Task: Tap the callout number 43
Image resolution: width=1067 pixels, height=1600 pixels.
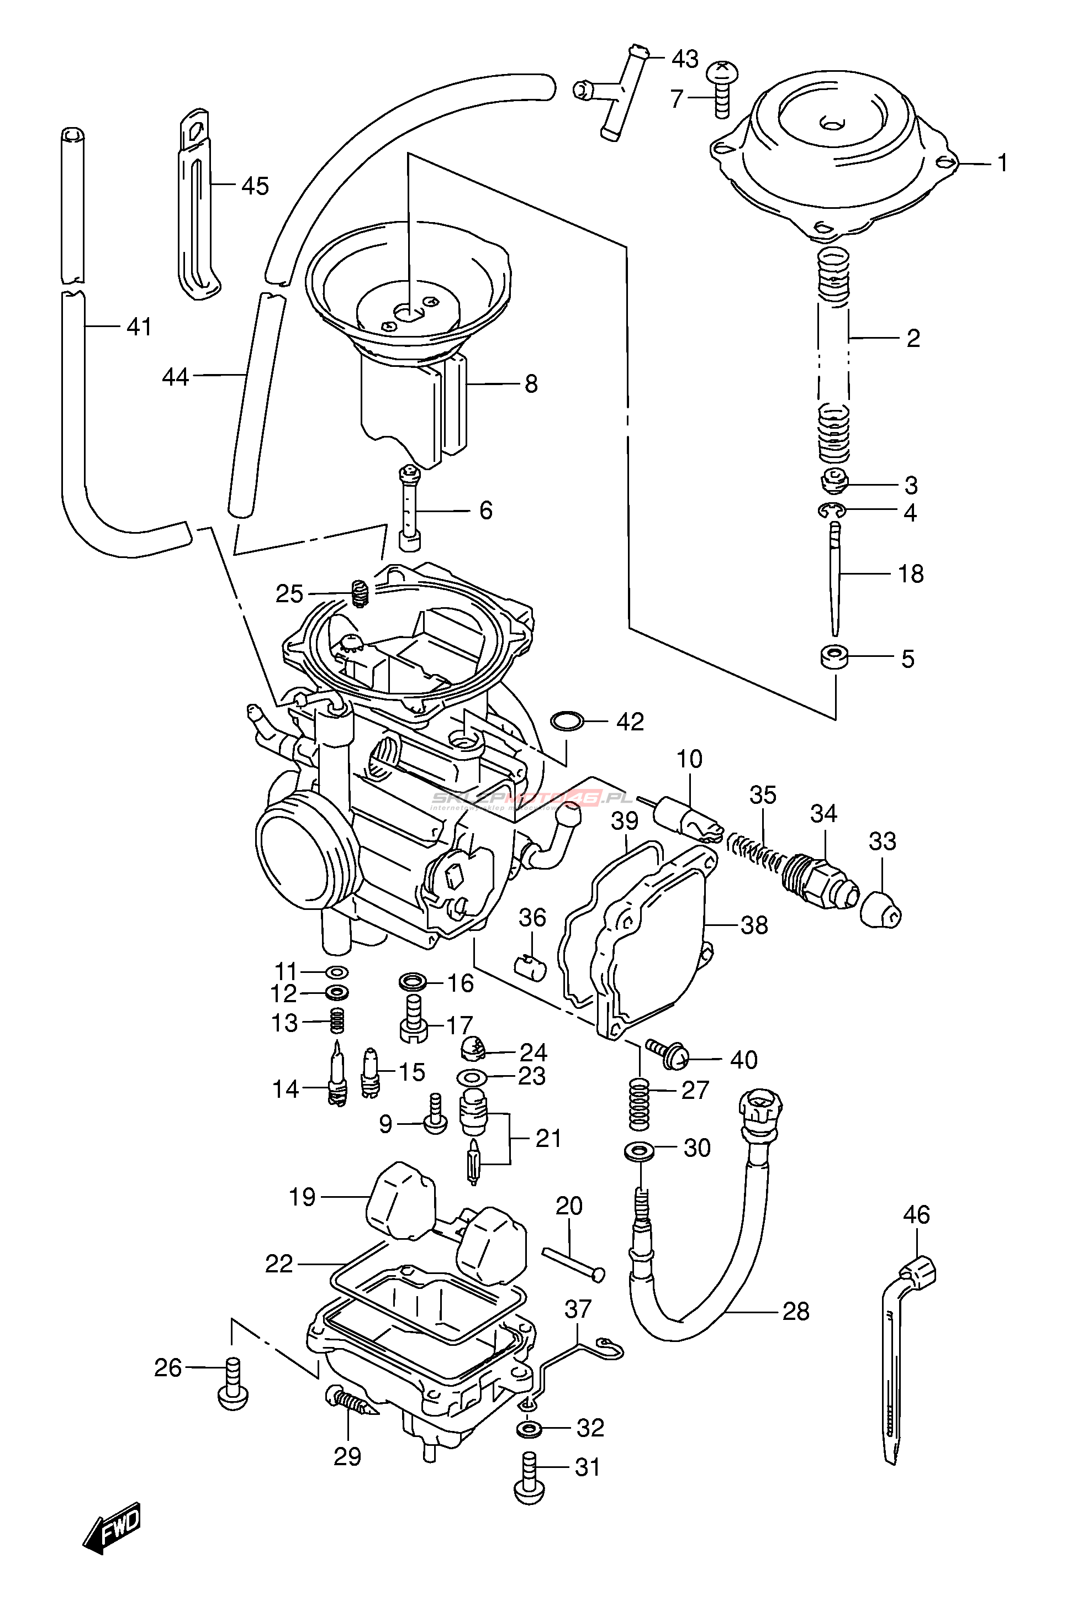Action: pyautogui.click(x=685, y=59)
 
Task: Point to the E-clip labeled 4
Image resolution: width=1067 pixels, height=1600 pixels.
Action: pyautogui.click(x=831, y=510)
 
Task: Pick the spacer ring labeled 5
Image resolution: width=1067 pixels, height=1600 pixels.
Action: pyautogui.click(x=833, y=657)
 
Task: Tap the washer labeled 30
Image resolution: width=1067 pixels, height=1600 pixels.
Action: pyautogui.click(x=639, y=1150)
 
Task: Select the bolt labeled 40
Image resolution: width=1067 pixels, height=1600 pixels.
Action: pyautogui.click(x=667, y=1054)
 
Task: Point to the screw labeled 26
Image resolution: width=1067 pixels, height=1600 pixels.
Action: pyautogui.click(x=233, y=1382)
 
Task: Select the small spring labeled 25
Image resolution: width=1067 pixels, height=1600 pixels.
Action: pyautogui.click(x=360, y=593)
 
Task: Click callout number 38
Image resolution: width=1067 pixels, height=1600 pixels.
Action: pyautogui.click(x=754, y=925)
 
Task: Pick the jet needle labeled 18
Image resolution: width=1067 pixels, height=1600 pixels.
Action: pyautogui.click(x=836, y=575)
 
